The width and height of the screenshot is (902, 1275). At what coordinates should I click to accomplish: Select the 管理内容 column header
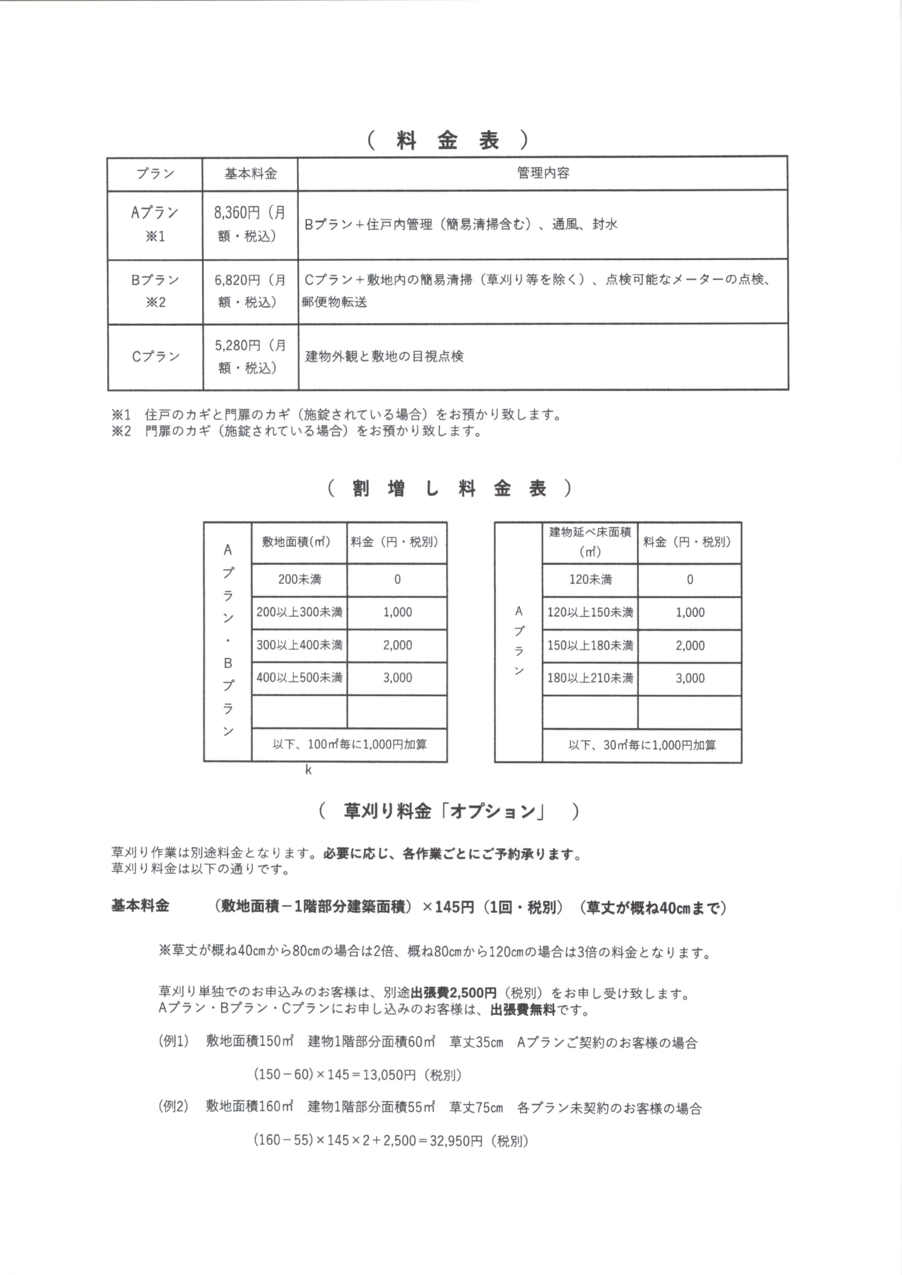[542, 173]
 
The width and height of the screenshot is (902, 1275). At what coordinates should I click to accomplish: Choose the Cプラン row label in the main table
[155, 356]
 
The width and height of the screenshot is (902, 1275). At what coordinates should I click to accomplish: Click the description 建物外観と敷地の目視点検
[384, 356]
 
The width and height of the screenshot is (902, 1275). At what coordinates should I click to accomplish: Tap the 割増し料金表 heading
[449, 489]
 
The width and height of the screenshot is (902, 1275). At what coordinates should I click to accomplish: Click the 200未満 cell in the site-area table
[299, 579]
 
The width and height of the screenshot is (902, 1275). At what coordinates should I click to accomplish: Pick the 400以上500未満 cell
[299, 678]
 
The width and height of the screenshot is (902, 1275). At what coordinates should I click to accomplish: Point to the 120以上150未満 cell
[590, 613]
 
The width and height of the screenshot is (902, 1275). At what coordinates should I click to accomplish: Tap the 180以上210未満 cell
[590, 678]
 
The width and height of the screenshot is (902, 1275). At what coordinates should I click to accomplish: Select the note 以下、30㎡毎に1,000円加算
[641, 745]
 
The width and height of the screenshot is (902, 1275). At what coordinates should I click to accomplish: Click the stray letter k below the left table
[308, 770]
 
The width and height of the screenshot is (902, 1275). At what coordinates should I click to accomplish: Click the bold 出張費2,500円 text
[453, 993]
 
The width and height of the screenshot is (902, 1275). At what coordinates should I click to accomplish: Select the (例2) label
[173, 1107]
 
